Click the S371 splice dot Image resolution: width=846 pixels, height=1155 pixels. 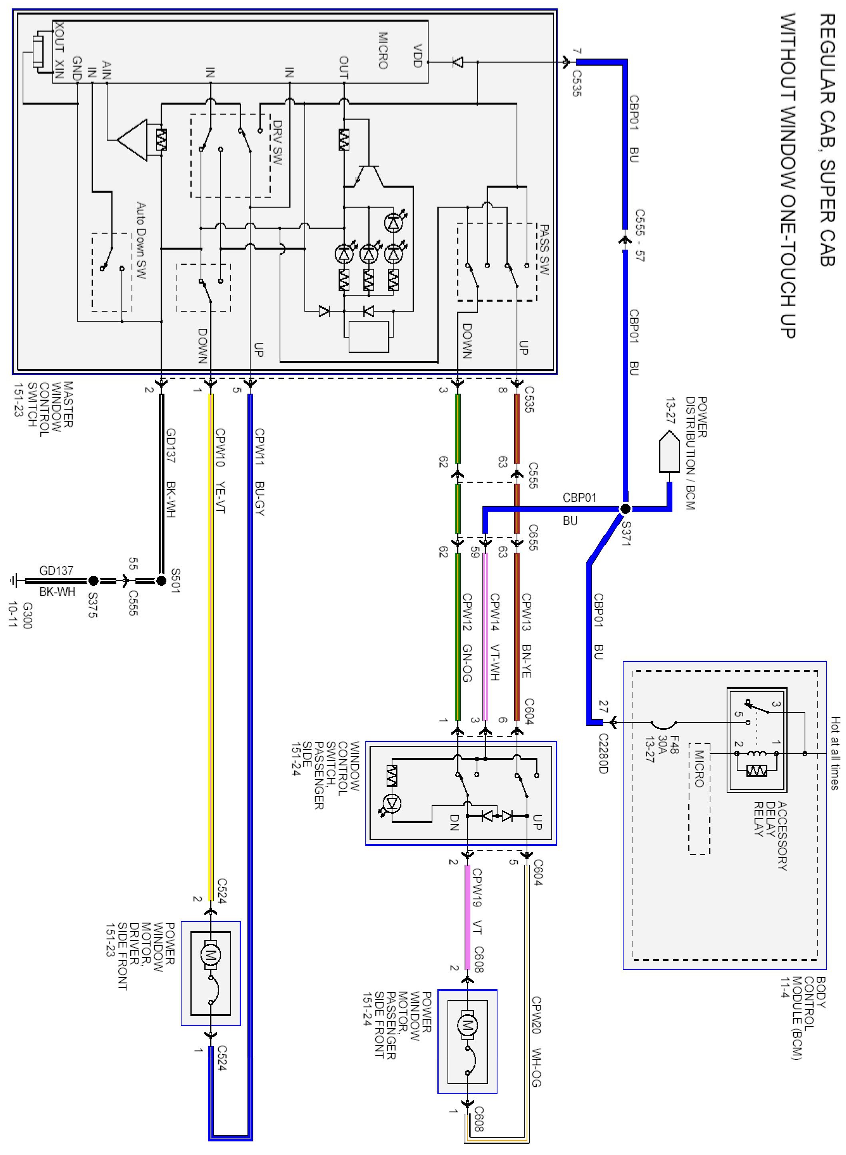click(625, 509)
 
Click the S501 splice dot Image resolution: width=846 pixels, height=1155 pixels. click(161, 580)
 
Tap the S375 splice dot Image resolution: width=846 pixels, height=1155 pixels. click(93, 580)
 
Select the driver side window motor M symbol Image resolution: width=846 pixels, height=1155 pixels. click(210, 954)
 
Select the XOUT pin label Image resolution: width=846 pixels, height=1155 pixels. click(60, 36)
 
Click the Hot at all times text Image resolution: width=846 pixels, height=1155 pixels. click(835, 753)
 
